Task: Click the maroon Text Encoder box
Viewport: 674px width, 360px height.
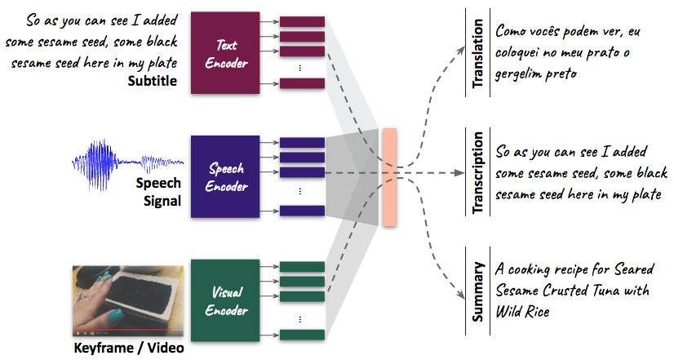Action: (x=224, y=51)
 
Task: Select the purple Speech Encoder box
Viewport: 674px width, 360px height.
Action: (x=224, y=176)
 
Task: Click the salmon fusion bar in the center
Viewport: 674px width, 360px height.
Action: (x=388, y=176)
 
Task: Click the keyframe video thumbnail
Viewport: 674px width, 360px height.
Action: (x=126, y=302)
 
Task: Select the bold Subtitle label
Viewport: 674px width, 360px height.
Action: (x=152, y=80)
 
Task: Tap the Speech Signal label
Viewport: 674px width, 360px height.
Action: (x=158, y=192)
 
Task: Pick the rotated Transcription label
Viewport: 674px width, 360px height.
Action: (x=478, y=173)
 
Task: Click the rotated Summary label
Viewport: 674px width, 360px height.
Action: (x=478, y=291)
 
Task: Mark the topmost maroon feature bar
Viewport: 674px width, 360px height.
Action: (x=302, y=21)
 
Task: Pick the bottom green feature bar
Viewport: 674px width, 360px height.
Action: (x=302, y=333)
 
